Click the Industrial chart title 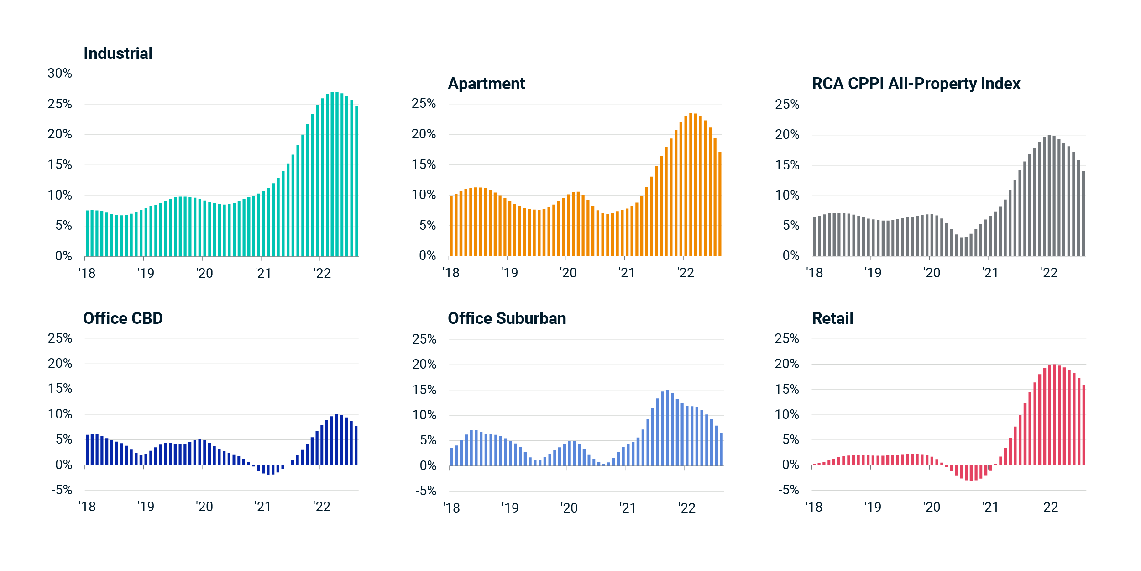[x=118, y=53]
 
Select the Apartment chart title [x=487, y=84]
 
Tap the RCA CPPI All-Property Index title [x=916, y=84]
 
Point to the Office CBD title [x=123, y=318]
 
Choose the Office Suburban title [x=507, y=318]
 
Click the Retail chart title [x=832, y=318]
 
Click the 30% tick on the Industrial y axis [x=60, y=74]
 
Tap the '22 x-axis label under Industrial [x=322, y=273]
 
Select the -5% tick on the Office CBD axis [x=62, y=490]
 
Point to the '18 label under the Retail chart [x=814, y=507]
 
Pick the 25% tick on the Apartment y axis [x=424, y=104]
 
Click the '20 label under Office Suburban [x=569, y=508]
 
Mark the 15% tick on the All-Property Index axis [x=787, y=165]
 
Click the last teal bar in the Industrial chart [x=357, y=181]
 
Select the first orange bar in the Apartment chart [x=451, y=226]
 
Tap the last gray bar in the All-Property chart [x=1083, y=214]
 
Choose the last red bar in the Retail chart [x=1084, y=425]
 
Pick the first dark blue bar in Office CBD [x=88, y=450]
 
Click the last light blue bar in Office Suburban [x=722, y=449]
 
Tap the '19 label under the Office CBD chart [x=146, y=507]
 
